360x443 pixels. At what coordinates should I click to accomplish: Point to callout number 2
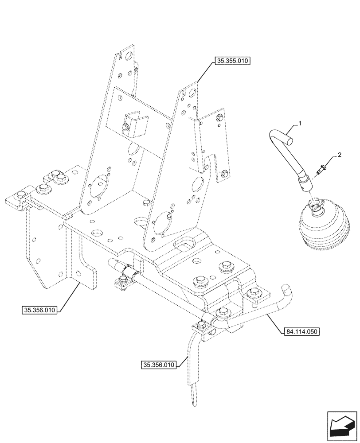[339, 155]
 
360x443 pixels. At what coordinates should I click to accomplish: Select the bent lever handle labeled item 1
[288, 160]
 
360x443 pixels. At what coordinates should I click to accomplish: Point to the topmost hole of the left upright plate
[129, 57]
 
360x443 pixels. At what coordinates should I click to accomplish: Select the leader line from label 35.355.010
[203, 74]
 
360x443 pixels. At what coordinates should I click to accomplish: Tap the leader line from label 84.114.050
[274, 323]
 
